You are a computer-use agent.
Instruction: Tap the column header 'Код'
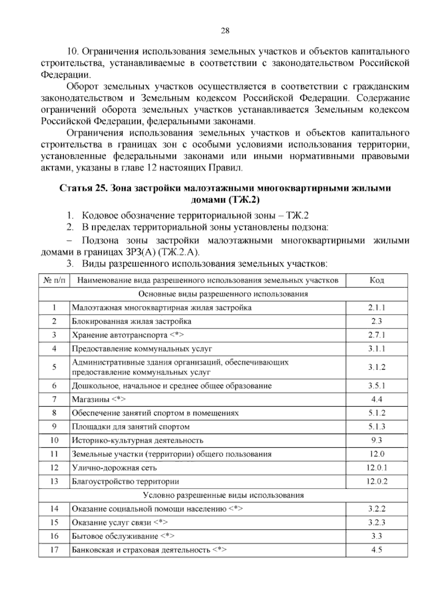tap(377, 280)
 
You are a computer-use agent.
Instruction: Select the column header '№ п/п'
tap(54, 280)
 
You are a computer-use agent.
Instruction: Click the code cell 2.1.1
tap(377, 308)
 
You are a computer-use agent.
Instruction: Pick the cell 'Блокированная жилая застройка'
tap(132, 321)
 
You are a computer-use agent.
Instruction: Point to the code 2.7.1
tap(377, 335)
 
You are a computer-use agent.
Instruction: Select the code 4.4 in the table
tap(377, 399)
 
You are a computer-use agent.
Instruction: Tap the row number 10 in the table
tap(54, 440)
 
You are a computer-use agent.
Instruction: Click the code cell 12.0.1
tap(377, 468)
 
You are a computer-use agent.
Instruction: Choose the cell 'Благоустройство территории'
tap(125, 481)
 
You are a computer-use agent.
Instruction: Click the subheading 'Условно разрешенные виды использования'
tap(223, 495)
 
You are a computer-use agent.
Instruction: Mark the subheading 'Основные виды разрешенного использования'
tap(223, 294)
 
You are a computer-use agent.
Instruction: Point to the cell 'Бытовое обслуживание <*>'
tap(123, 536)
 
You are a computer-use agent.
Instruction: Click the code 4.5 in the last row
tap(377, 550)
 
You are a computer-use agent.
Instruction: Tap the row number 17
tap(54, 550)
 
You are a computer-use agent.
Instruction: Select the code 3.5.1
tap(377, 386)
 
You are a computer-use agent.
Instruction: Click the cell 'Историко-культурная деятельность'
tap(138, 440)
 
